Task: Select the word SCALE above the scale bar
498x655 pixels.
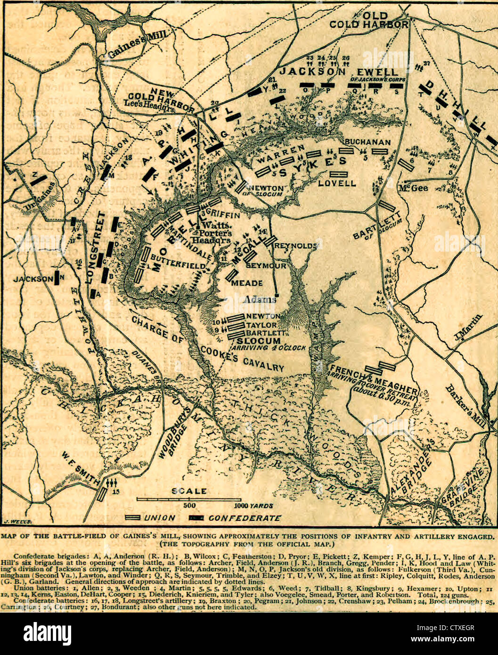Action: pos(188,491)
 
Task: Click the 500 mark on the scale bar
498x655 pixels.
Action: pos(189,506)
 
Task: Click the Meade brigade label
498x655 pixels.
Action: pos(247,283)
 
